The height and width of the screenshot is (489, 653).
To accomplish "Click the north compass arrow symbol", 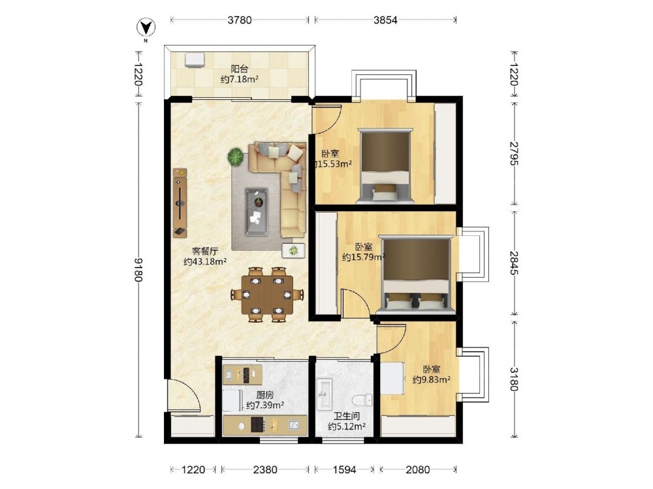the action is click(146, 28).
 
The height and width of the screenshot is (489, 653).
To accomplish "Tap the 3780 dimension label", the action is click(240, 20).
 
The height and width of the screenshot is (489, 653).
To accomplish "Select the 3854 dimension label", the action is click(385, 20).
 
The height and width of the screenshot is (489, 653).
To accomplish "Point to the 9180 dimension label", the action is click(138, 269).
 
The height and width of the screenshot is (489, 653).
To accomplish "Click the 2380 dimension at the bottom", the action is click(265, 469).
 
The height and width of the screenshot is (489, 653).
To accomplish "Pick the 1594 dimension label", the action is click(344, 469).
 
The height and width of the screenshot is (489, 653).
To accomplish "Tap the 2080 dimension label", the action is click(418, 469).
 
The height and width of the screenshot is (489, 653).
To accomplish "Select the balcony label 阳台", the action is click(240, 69).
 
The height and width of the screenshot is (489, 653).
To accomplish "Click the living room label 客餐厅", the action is click(205, 251).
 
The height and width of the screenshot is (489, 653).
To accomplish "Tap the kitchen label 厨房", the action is click(265, 394).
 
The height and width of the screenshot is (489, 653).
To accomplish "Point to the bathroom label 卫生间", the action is click(347, 416).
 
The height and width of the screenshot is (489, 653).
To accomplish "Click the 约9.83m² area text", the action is click(432, 379).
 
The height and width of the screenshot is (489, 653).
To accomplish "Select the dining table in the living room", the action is click(267, 295).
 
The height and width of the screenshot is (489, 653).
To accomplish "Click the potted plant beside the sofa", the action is click(236, 157).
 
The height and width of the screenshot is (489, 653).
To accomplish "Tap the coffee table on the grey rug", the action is click(257, 212).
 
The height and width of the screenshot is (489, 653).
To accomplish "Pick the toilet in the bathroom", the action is click(362, 400).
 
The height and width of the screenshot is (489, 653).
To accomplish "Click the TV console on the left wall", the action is click(180, 203).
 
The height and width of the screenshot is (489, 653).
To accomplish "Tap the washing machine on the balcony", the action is click(195, 59).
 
